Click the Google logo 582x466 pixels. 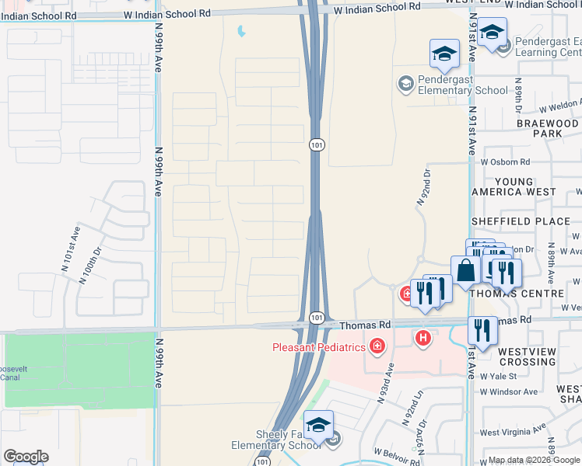coord(26,457)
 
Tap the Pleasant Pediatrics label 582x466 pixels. coord(318,346)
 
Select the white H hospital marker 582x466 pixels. coord(423,338)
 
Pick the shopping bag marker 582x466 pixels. coord(465,270)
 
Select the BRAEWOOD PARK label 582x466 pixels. coord(548,128)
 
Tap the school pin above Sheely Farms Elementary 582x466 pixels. coord(318,425)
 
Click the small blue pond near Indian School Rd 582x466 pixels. coord(241,32)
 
